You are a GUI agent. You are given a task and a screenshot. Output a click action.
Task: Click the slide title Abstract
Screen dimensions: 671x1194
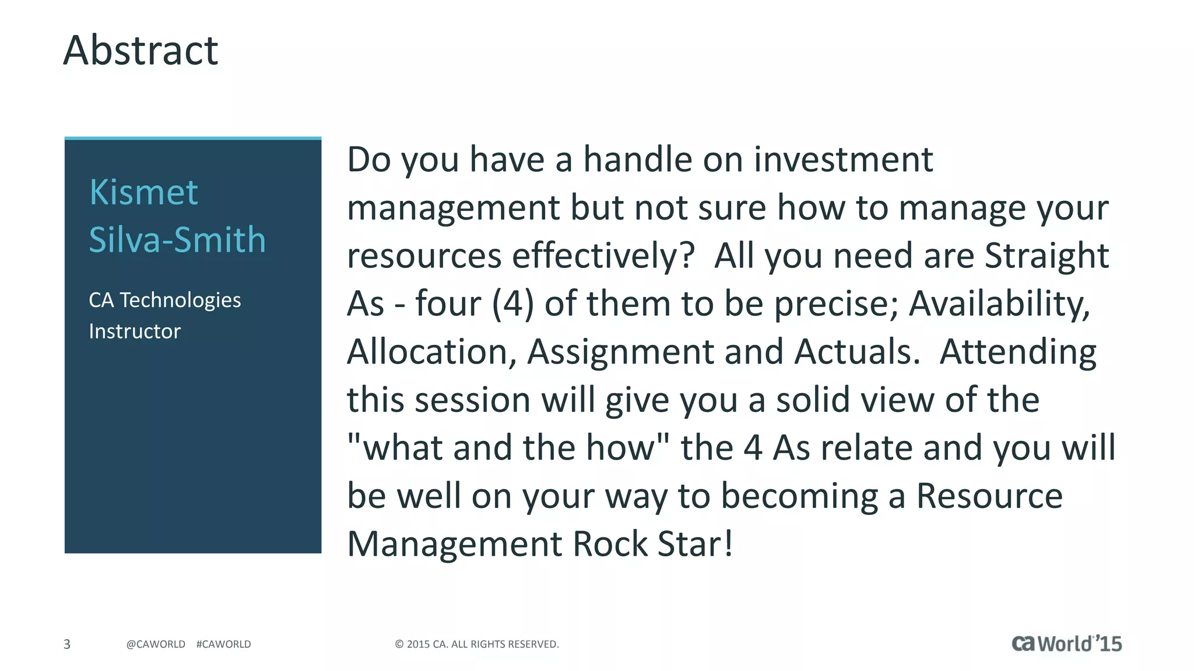(141, 51)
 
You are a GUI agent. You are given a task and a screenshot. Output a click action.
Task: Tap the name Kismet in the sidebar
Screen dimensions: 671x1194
(143, 192)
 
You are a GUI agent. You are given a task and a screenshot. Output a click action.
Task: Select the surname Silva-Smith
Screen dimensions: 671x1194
(177, 240)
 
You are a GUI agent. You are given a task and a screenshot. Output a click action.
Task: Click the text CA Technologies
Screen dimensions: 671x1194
(164, 300)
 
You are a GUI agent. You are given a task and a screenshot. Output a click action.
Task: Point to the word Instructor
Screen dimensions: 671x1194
(135, 331)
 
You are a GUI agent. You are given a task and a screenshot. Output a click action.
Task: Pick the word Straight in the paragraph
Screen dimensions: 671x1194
(1046, 256)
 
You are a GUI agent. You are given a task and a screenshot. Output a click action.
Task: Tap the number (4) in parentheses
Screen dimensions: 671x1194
(512, 304)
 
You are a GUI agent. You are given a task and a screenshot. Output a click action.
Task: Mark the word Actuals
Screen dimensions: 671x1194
(857, 352)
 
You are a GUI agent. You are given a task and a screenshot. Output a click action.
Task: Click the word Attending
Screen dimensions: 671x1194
(1018, 352)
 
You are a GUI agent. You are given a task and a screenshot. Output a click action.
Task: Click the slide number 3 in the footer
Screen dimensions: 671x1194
(67, 644)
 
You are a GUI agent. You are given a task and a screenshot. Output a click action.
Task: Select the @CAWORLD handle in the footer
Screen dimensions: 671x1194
(156, 644)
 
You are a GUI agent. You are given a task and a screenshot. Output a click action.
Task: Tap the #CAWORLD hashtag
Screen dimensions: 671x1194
(224, 644)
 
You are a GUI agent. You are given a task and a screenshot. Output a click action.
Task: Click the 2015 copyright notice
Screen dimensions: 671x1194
(477, 644)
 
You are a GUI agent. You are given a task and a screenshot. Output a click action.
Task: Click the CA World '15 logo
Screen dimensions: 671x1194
(1066, 643)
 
